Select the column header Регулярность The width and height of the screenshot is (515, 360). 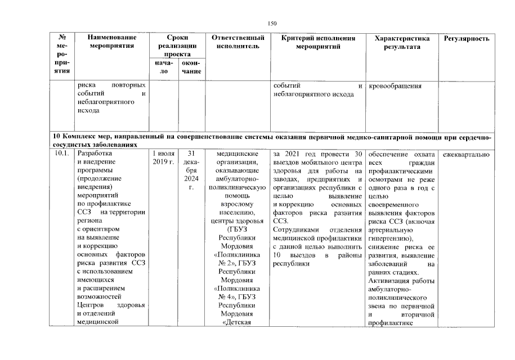click(x=467, y=38)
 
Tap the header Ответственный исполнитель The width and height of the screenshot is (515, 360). click(x=237, y=42)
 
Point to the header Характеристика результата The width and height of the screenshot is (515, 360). click(x=402, y=42)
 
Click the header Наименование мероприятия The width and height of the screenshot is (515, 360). click(x=111, y=42)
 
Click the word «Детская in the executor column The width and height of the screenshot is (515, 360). click(x=237, y=322)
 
